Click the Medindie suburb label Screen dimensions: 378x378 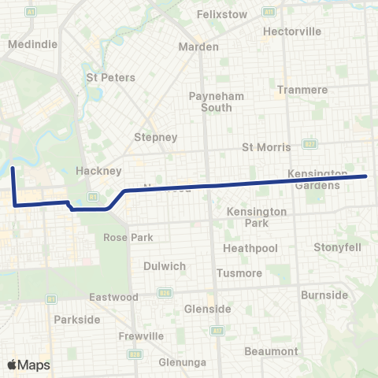pos(32,44)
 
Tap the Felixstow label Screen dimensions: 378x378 pos(221,14)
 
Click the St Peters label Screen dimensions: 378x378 pos(110,78)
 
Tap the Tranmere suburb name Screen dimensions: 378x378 pos(302,90)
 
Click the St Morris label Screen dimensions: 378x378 pos(266,147)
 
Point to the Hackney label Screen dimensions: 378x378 pos(98,171)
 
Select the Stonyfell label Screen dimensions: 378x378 pos(337,247)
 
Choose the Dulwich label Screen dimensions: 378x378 pos(165,266)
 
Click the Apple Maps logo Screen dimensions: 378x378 pos(28,365)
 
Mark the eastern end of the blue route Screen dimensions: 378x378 pos(367,176)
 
